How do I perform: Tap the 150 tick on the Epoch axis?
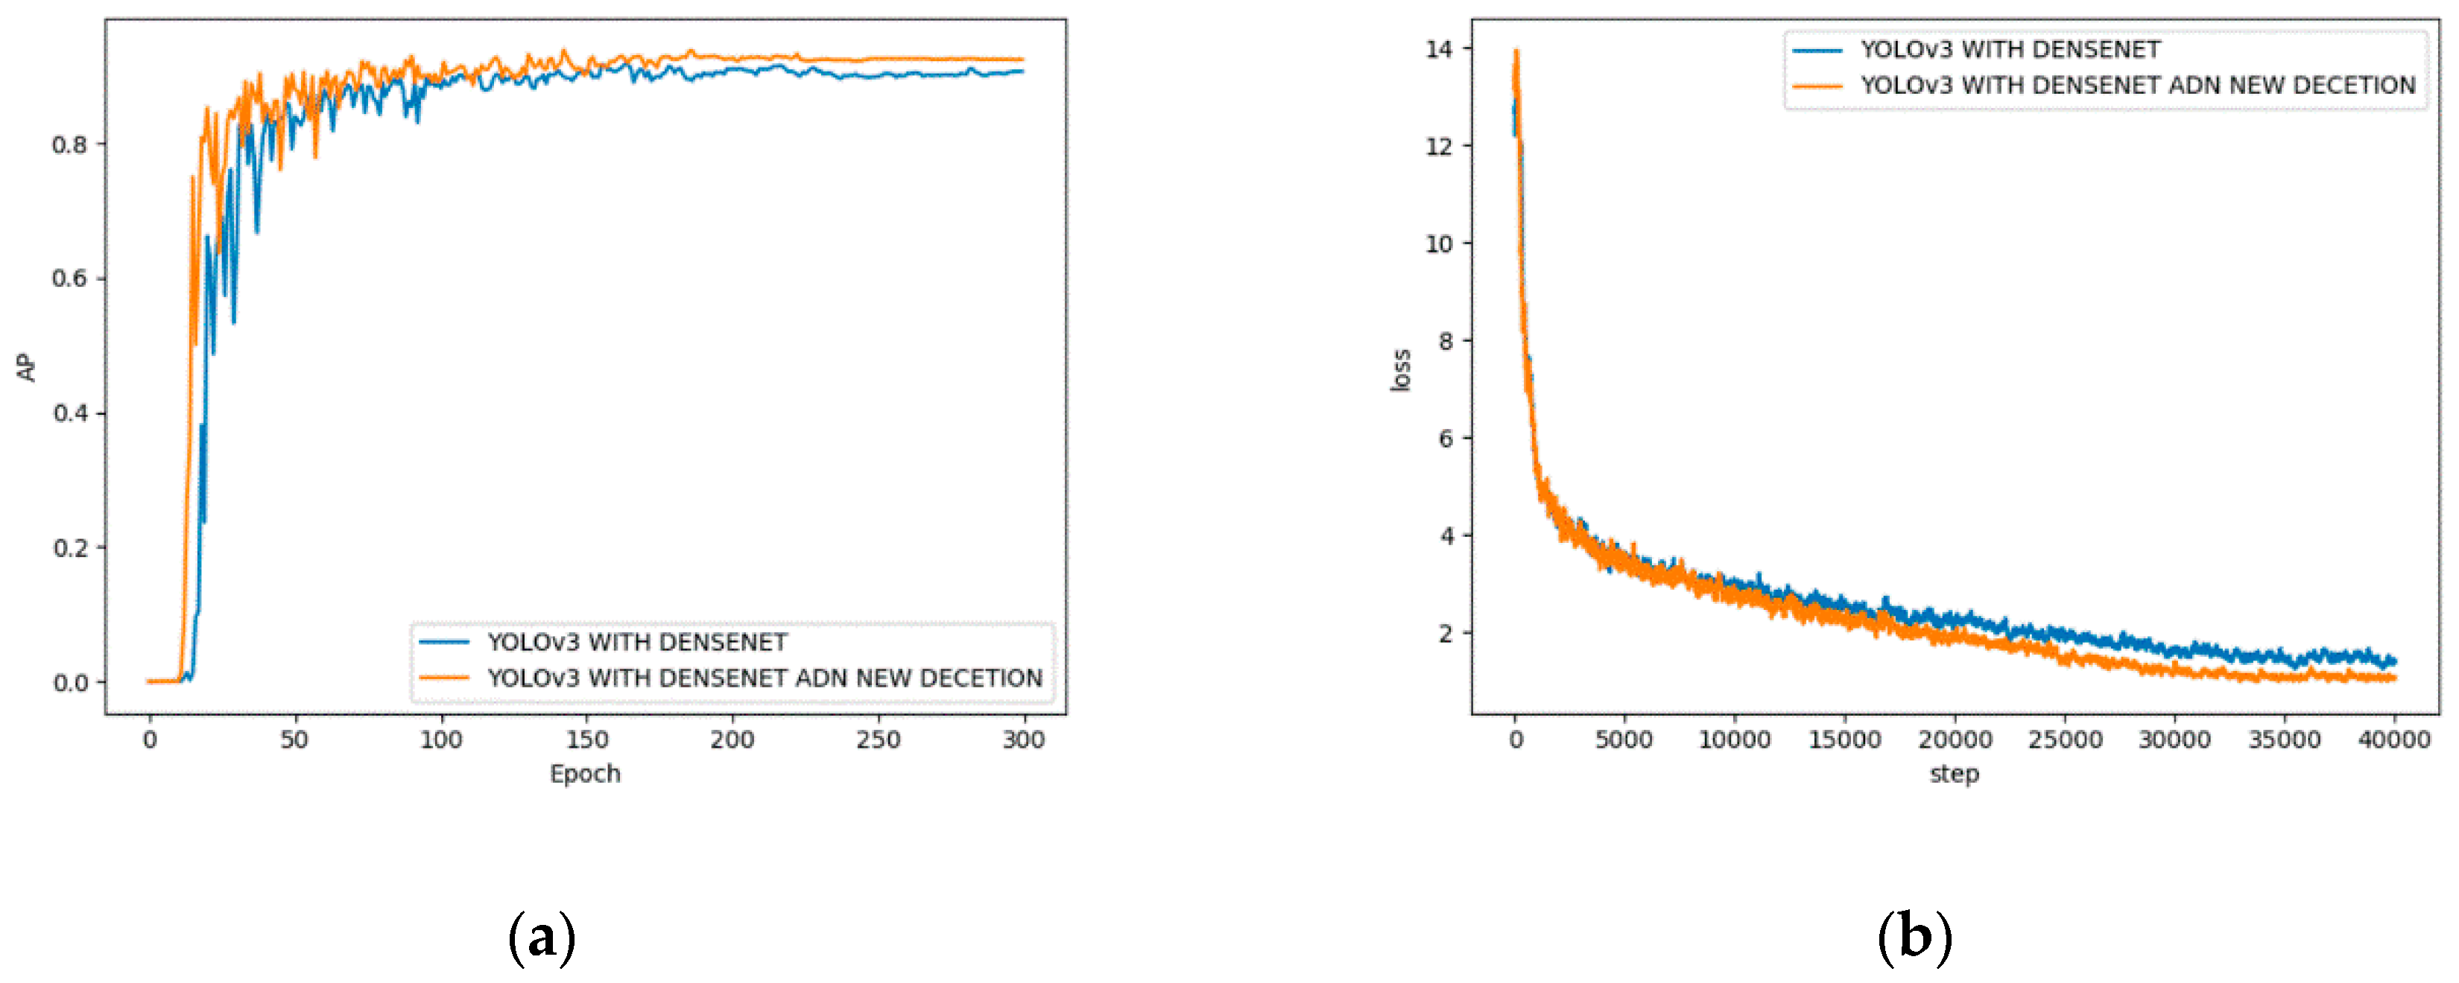click(x=586, y=739)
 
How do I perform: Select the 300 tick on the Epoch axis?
click(x=1023, y=739)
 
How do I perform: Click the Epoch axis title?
click(x=585, y=774)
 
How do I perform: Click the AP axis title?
click(x=26, y=367)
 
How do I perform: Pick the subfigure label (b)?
click(x=1914, y=938)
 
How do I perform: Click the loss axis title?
click(x=1400, y=370)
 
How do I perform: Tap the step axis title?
click(x=1954, y=774)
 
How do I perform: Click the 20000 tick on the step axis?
click(x=1954, y=739)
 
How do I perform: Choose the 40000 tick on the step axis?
click(x=2394, y=739)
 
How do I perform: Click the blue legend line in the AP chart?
click(x=444, y=642)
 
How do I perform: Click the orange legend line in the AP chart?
click(x=444, y=678)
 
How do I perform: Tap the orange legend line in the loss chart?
click(x=1817, y=86)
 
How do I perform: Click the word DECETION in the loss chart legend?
click(x=2354, y=86)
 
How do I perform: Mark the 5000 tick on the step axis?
click(x=1624, y=739)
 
